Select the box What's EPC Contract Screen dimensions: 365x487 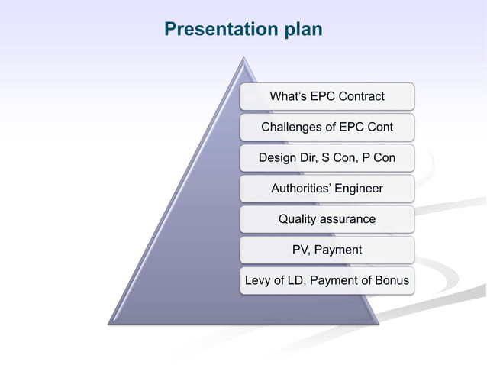point(327,96)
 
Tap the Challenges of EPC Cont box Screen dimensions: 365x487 point(327,127)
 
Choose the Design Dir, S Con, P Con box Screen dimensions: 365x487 point(327,157)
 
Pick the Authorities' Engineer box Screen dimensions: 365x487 point(327,189)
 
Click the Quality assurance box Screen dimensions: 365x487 point(327,219)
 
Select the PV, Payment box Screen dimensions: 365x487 point(327,250)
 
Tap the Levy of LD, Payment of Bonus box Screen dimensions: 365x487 point(327,281)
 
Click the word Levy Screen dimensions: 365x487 point(257,281)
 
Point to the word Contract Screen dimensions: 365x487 point(360,96)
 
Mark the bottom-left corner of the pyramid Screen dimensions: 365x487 point(109,323)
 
